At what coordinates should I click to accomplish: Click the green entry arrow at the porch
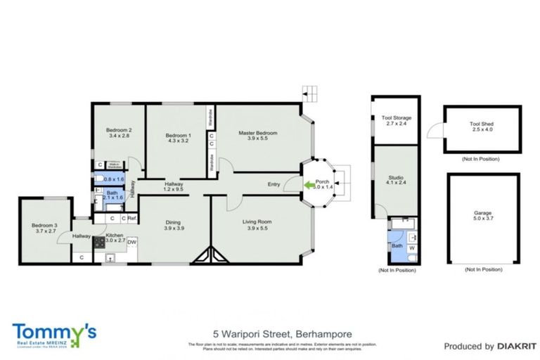pyautogui.click(x=308, y=185)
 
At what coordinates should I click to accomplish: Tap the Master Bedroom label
pyautogui.click(x=257, y=133)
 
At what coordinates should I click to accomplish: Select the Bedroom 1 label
pyautogui.click(x=178, y=135)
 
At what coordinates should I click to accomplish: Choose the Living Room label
pyautogui.click(x=257, y=223)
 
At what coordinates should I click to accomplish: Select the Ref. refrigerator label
pyautogui.click(x=131, y=219)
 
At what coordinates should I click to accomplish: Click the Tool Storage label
pyautogui.click(x=397, y=118)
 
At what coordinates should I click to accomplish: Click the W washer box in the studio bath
pyautogui.click(x=411, y=247)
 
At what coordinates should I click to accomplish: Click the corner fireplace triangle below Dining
pyautogui.click(x=211, y=255)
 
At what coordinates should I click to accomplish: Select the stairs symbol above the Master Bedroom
pyautogui.click(x=309, y=92)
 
